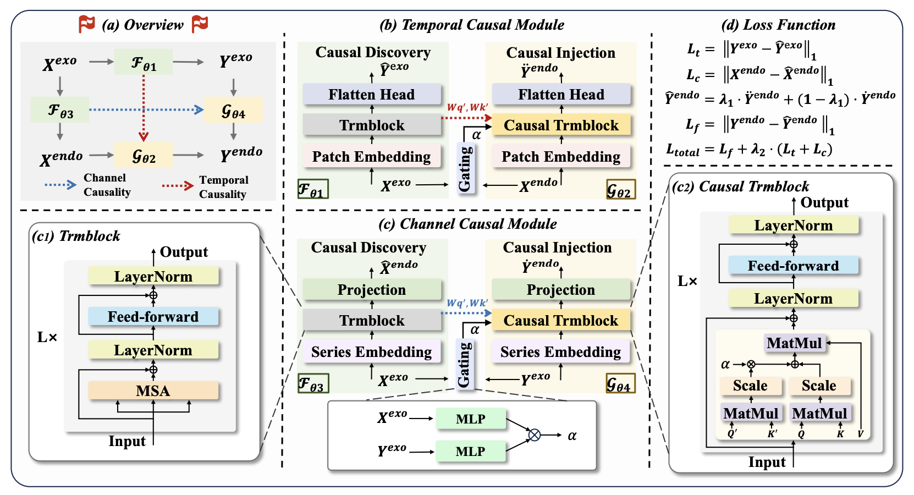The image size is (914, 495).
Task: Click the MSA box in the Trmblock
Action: click(153, 391)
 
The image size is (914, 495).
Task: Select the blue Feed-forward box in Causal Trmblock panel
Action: click(793, 266)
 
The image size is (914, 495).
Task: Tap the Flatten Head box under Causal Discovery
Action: click(372, 95)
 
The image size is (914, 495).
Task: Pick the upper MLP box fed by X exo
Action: click(470, 419)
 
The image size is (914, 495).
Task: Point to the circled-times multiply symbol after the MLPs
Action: click(534, 435)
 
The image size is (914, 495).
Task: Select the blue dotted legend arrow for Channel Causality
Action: click(60, 185)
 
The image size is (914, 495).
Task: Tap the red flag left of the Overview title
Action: click(87, 24)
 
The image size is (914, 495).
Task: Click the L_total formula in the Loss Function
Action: click(749, 149)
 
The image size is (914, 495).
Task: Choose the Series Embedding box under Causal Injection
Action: click(560, 352)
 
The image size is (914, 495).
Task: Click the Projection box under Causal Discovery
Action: click(372, 290)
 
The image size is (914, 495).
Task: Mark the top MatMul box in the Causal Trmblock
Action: click(794, 343)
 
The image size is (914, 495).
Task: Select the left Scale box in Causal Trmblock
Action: click(750, 386)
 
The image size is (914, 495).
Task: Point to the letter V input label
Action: click(860, 435)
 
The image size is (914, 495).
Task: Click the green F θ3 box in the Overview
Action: click(60, 110)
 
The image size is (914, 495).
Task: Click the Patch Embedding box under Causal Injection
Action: click(561, 157)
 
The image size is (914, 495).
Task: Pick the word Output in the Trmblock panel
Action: click(184, 252)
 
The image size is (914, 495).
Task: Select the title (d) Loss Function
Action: click(778, 25)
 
